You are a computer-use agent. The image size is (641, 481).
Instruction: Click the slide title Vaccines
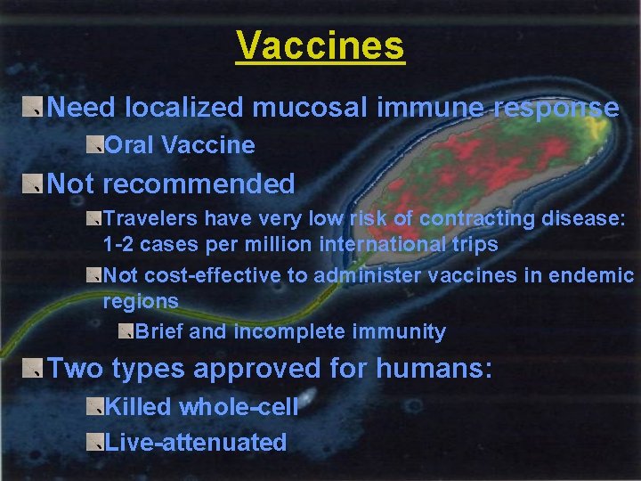320,45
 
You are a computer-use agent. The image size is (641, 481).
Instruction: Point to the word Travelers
150,218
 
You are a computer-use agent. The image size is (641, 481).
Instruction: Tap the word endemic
591,276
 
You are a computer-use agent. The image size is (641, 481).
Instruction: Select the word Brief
160,332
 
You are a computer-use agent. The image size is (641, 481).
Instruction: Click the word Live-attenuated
196,443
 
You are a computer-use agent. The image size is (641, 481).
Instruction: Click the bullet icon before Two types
33,369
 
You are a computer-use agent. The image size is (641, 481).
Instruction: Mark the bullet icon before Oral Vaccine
94,145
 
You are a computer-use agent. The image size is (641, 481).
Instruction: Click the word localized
185,108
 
